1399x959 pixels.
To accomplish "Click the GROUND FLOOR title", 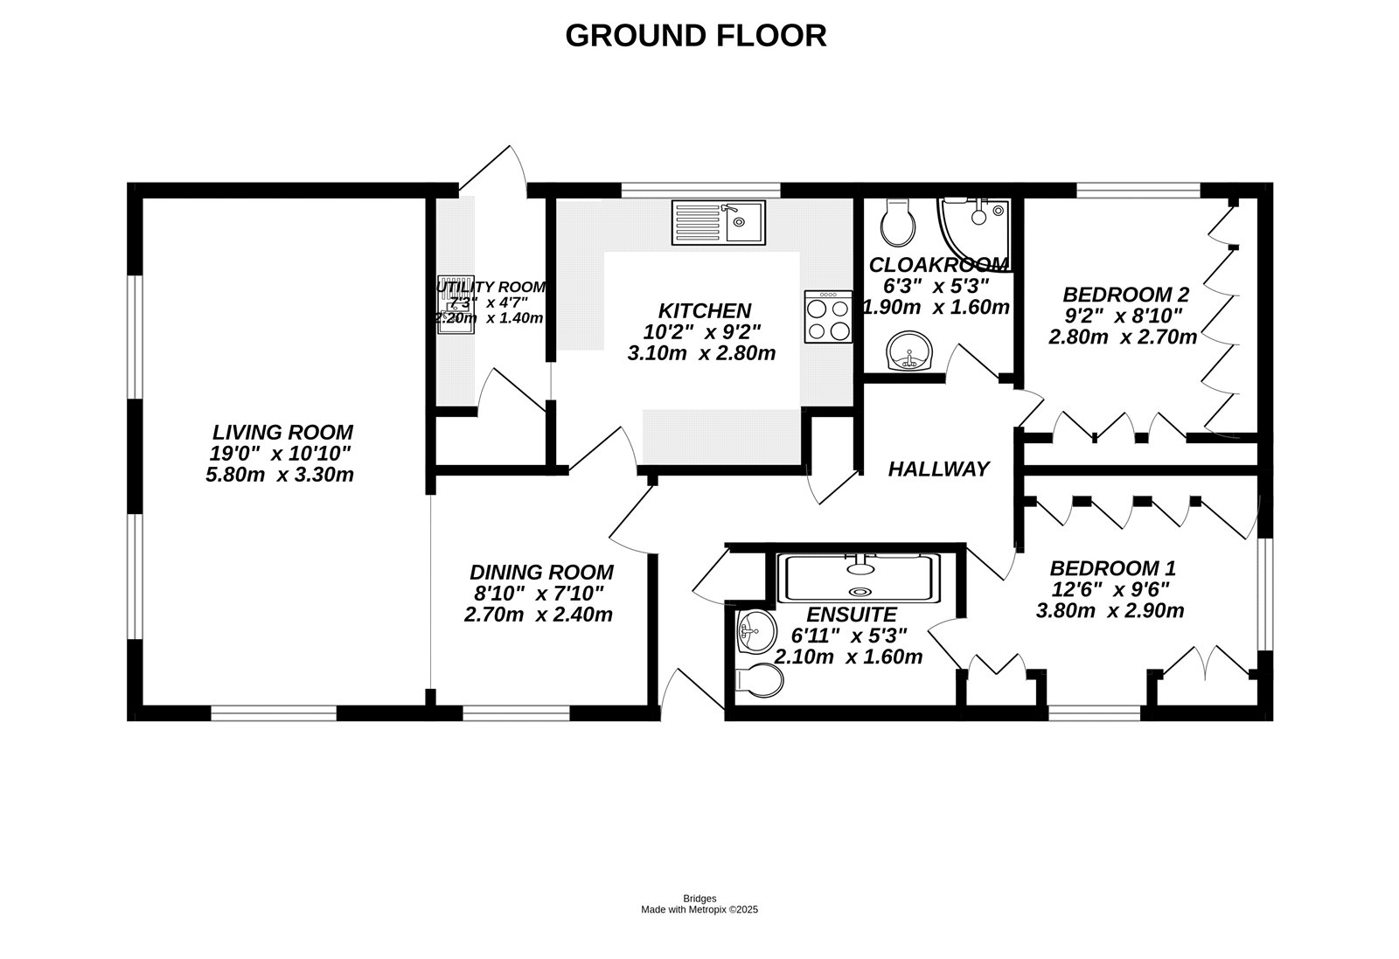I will [695, 36].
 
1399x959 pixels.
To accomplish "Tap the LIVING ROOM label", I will [282, 432].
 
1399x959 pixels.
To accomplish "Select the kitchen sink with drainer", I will [718, 222].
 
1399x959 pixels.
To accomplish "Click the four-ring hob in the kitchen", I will [828, 318].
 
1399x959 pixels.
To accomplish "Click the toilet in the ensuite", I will [757, 680].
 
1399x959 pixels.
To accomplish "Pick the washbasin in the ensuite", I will [754, 631].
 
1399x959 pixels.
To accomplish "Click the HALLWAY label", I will [938, 469].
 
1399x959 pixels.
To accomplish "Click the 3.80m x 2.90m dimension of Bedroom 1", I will [1110, 611].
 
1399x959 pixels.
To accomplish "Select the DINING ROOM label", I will [541, 573].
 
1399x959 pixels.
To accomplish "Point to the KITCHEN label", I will [704, 310].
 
